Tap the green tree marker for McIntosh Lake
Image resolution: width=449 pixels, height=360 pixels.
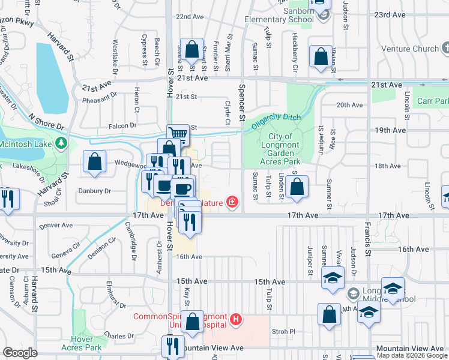click(x=61, y=143)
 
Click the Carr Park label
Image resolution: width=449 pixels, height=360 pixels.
click(x=433, y=101)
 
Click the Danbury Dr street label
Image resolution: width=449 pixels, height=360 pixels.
click(x=95, y=191)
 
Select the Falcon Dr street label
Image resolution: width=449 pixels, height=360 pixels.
click(x=123, y=125)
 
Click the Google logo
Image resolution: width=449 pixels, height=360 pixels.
click(x=20, y=353)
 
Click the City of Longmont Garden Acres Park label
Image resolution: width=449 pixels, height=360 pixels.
click(x=280, y=149)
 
